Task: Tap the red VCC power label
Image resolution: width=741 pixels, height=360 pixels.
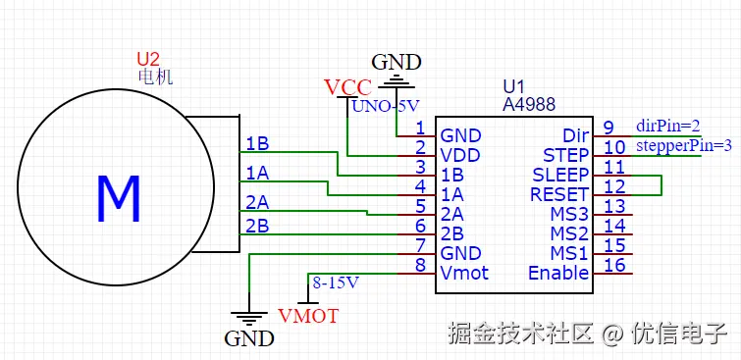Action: tap(346, 87)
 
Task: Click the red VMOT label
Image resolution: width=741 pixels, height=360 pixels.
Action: tap(308, 316)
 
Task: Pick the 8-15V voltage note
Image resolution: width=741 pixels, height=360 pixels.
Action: tap(336, 283)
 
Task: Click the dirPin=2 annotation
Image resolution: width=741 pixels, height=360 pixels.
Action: tap(667, 126)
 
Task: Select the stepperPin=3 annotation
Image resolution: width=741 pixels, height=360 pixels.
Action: tap(683, 145)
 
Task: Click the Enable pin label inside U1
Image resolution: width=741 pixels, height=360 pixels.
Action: tap(558, 273)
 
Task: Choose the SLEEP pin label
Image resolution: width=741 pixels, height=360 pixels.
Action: tap(560, 175)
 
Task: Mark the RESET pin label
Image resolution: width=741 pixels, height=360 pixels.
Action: tap(559, 194)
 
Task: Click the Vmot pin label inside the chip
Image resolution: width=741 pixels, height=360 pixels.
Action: tap(464, 273)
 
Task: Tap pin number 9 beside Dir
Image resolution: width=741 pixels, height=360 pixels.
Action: tap(609, 128)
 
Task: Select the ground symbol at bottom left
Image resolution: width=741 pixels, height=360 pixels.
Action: tap(249, 317)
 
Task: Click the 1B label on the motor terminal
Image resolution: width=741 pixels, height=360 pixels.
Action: tap(257, 144)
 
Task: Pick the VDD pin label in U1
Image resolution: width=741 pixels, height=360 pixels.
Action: tap(459, 155)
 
